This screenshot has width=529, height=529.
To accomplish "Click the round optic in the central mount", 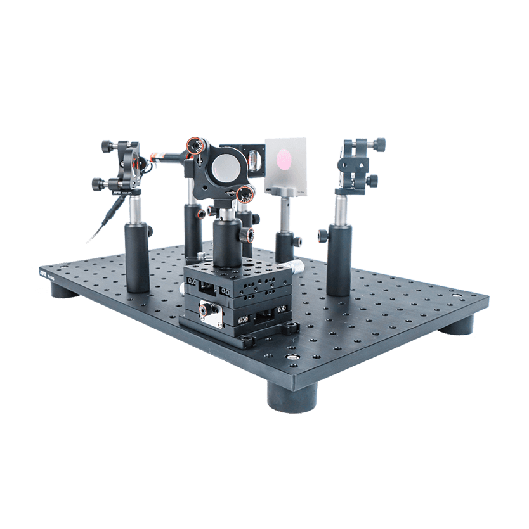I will tap(226, 166).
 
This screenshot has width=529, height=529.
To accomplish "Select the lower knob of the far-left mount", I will tap(98, 184).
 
